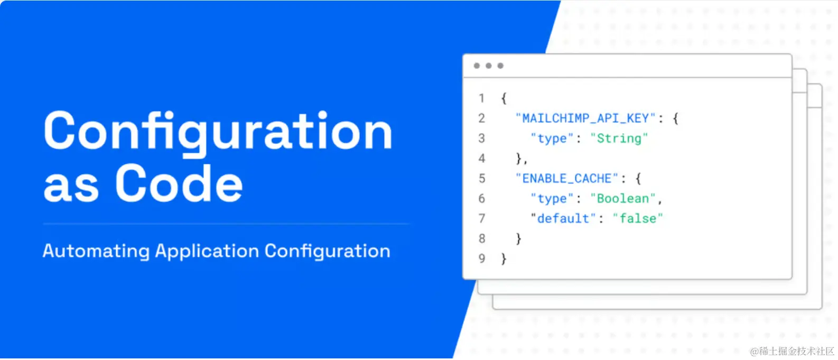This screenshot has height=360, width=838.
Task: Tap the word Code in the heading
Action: coord(179,183)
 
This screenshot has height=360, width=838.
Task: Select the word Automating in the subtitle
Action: coord(96,252)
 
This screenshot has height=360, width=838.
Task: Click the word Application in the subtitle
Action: coord(207,252)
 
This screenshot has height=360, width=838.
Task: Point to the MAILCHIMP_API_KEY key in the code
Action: coord(586,118)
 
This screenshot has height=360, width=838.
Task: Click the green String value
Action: coord(619,139)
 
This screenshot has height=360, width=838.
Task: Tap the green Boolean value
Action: coord(623,198)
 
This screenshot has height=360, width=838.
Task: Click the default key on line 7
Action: coord(563,218)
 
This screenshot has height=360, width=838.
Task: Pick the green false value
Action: coord(638,218)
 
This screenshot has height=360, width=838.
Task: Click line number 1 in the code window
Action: coord(482,98)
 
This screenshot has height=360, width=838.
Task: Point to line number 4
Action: coord(482,159)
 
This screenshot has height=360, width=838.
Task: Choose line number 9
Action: coord(482,259)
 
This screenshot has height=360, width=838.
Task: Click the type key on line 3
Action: coord(552,139)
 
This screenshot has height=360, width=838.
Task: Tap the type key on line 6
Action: coord(552,199)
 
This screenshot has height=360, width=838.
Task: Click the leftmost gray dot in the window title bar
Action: coord(477,66)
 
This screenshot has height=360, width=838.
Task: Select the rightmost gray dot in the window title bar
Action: coord(500,66)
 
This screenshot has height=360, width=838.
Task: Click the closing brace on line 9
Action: coord(504,259)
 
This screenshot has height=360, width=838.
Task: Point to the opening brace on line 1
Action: coord(504,99)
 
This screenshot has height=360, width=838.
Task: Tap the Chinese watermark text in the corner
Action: coord(793,352)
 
